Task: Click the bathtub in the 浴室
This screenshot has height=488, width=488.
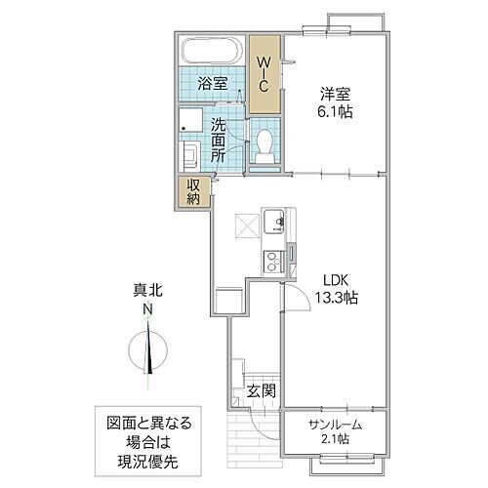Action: coord(212,50)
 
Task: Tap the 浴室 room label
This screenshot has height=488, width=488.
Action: coord(214,84)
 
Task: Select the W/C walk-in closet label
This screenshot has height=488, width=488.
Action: coord(263,73)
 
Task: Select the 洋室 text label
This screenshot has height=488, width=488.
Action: coord(336,94)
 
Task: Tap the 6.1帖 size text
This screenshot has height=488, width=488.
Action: coord(336,112)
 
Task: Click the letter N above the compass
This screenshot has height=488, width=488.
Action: coord(148,310)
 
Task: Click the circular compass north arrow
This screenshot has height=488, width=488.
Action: coord(149,349)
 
